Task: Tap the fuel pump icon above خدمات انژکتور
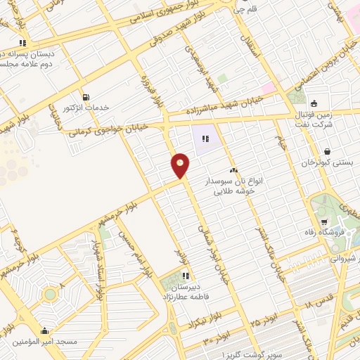[86, 97]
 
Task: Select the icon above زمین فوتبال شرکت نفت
[314, 103]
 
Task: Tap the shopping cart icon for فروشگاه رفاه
[323, 224]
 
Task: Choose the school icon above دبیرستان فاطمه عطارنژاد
[186, 276]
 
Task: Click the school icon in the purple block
[206, 139]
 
